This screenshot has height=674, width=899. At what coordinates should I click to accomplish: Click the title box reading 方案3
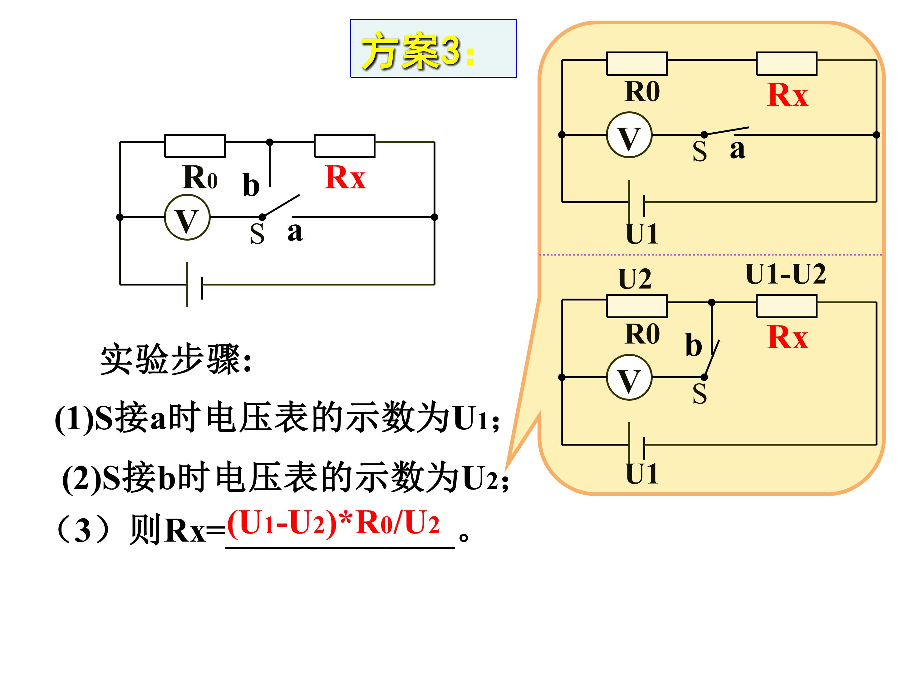(433, 48)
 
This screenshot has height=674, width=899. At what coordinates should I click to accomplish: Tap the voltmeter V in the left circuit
(187, 217)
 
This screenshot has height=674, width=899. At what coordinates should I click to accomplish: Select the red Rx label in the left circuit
(345, 177)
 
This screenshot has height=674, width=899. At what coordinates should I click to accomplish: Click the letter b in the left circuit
(251, 184)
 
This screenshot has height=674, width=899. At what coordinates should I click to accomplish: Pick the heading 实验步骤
(175, 359)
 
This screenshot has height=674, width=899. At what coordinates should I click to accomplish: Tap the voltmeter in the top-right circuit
(629, 135)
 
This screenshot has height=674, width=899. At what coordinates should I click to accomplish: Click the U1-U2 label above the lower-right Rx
(786, 274)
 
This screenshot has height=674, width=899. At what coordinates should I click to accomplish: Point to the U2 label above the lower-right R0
(635, 279)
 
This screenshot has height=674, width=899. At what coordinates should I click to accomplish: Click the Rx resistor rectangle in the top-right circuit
(786, 64)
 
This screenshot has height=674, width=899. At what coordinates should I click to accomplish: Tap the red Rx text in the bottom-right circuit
(788, 337)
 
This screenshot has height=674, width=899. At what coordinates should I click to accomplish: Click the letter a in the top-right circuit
(738, 149)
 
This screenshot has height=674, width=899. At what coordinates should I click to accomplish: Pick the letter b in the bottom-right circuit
(693, 344)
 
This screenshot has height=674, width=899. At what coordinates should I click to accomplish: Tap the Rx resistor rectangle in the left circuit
(345, 146)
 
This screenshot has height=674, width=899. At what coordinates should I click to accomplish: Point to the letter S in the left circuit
(257, 234)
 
